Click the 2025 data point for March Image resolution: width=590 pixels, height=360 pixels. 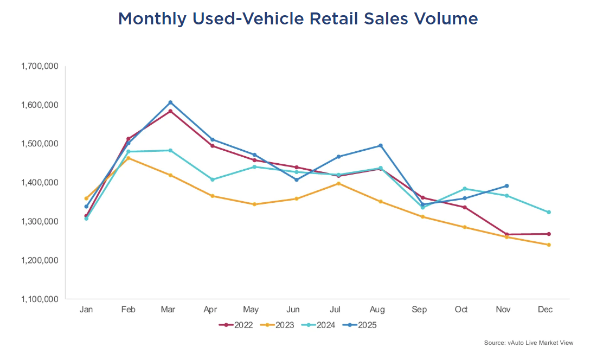170,102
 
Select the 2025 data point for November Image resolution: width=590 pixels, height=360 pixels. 506,186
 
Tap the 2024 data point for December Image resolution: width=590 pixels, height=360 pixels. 549,212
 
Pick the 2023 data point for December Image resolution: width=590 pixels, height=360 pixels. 549,245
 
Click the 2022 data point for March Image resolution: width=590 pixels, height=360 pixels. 170,111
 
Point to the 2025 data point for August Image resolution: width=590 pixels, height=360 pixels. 381,145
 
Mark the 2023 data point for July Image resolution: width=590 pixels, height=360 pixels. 338,183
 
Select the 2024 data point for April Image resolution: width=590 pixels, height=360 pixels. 212,179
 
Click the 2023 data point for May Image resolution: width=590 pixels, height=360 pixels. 254,204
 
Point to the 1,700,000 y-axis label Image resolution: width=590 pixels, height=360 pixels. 39,66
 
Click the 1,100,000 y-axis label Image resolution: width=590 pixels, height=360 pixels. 39,299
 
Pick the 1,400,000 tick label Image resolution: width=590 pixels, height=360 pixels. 39,183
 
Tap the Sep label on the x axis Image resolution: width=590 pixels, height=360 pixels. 419,310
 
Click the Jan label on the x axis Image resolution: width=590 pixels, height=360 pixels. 86,310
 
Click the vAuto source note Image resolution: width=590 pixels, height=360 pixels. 528,343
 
